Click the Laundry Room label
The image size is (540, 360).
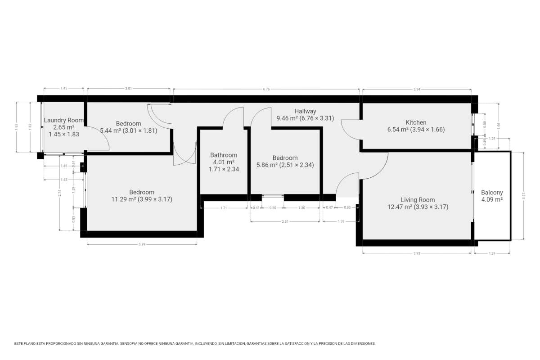point(64,120)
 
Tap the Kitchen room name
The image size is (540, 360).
point(416,122)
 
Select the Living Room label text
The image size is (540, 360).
point(418,200)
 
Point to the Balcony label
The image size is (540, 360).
point(492,193)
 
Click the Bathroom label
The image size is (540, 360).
point(224,155)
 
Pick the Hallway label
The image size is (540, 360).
point(305,111)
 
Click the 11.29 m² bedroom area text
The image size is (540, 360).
point(124,199)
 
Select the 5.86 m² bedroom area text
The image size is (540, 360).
point(268,165)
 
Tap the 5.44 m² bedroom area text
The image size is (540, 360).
point(112,130)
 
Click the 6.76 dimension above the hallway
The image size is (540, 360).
point(266,89)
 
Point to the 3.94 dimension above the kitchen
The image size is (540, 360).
point(417,89)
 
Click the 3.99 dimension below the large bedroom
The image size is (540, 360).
point(142,244)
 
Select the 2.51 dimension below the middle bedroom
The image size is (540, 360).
point(285,221)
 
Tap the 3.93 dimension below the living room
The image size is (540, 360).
point(417,253)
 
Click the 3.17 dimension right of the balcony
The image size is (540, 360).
point(523,196)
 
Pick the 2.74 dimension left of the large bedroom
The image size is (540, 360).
point(59,193)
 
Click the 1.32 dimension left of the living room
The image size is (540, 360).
point(341,221)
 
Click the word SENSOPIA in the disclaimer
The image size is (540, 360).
point(129,344)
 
